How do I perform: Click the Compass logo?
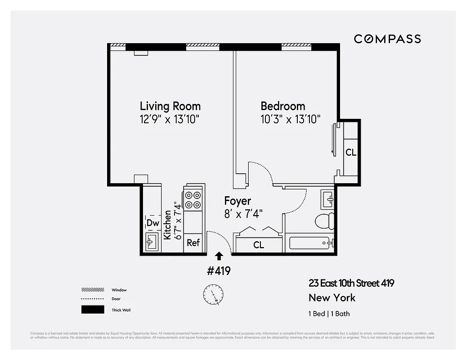pyautogui.click(x=387, y=39)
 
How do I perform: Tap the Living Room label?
pyautogui.click(x=170, y=106)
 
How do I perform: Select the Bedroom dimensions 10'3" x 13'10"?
pyautogui.click(x=291, y=119)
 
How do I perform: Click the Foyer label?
pyautogui.click(x=237, y=201)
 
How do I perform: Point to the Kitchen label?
pyautogui.click(x=167, y=225)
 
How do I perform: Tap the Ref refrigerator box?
pyautogui.click(x=193, y=243)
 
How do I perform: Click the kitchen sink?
pyautogui.click(x=151, y=242)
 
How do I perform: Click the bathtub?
pyautogui.click(x=310, y=243)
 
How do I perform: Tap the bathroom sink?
pyautogui.click(x=327, y=198)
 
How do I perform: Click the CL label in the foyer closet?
pyautogui.click(x=259, y=245)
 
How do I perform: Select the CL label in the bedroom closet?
pyautogui.click(x=351, y=153)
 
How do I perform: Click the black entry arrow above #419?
pyautogui.click(x=219, y=256)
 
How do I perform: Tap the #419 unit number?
pyautogui.click(x=219, y=271)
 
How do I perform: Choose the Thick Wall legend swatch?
pyautogui.click(x=92, y=310)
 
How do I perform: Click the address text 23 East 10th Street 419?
pyautogui.click(x=351, y=283)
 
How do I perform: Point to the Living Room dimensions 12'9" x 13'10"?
pyautogui.click(x=170, y=119)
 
